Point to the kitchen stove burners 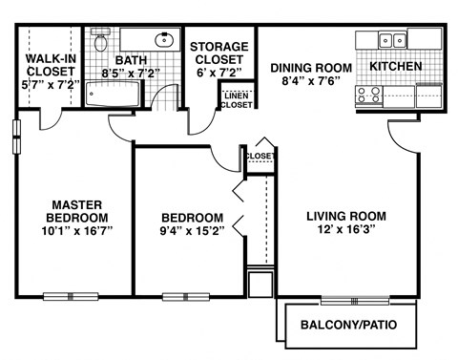(x=368, y=95)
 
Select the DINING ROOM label (x=311, y=68)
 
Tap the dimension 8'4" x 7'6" (x=311, y=82)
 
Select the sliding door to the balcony (x=354, y=300)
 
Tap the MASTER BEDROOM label (x=78, y=210)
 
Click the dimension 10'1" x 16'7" (x=78, y=230)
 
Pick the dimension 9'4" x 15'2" (x=192, y=230)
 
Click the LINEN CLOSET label (x=238, y=99)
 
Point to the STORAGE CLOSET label (x=219, y=53)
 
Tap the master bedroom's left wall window (x=15, y=136)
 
